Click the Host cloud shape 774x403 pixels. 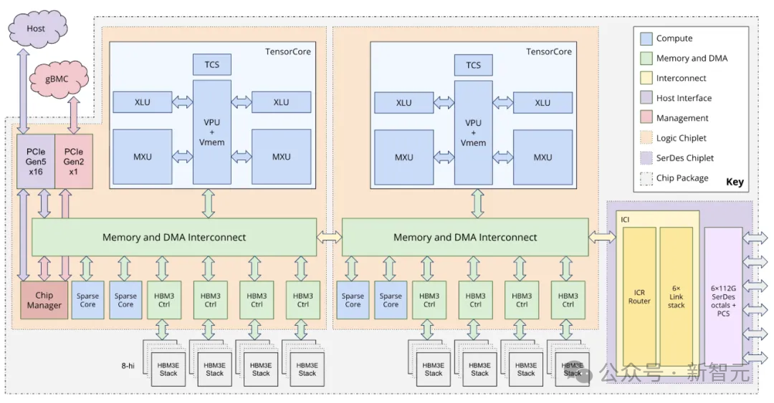pos(37,29)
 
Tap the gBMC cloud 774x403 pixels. pos(57,79)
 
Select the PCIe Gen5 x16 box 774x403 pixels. pos(36,161)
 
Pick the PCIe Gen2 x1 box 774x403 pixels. pos(74,161)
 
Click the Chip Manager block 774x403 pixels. pos(44,301)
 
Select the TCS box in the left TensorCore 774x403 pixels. pos(212,64)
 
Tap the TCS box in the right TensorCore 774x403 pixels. pos(474,64)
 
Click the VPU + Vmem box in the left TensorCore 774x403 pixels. pos(212,132)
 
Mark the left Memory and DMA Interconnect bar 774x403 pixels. pos(174,237)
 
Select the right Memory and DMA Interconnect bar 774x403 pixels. pos(465,237)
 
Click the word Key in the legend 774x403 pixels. pos(735,182)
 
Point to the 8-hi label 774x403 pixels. pos(128,366)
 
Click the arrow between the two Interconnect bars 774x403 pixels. pos(329,237)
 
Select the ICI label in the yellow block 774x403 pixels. pos(626,218)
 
